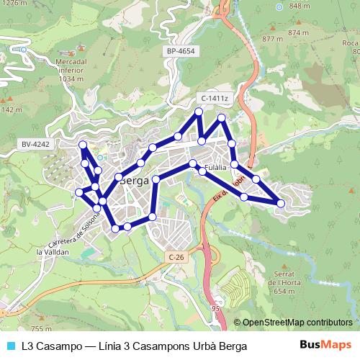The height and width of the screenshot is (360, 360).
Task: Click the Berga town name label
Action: (x=134, y=181)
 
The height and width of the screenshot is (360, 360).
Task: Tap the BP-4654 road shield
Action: (x=180, y=52)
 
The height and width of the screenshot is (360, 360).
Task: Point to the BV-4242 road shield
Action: (x=36, y=144)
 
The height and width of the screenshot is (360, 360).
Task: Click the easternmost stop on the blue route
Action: (x=280, y=203)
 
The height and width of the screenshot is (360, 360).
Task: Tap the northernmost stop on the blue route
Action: (x=198, y=111)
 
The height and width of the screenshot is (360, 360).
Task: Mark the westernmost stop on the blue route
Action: (x=78, y=192)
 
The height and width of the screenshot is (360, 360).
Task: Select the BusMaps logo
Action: (x=330, y=346)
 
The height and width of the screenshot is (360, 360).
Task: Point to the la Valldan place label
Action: (x=53, y=253)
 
